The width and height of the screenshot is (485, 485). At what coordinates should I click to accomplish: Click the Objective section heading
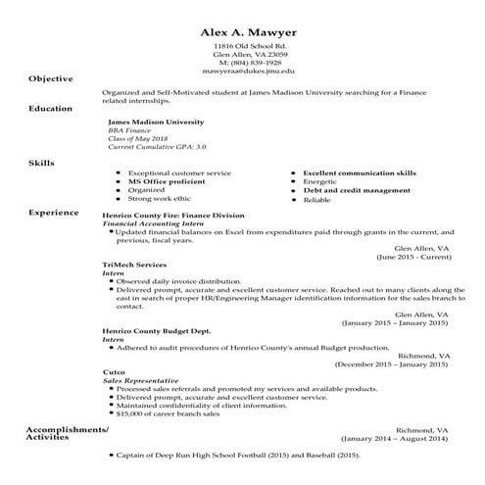click(x=51, y=78)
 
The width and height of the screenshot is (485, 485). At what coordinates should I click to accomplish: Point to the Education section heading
click(x=51, y=108)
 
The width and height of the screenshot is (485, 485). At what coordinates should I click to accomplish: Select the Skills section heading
click(x=41, y=163)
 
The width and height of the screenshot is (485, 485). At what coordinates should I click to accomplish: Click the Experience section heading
click(x=54, y=211)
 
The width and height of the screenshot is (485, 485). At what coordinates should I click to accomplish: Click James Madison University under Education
click(x=157, y=122)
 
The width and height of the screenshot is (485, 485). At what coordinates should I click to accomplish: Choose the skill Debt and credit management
click(x=357, y=189)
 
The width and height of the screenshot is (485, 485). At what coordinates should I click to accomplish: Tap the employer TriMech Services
click(x=134, y=265)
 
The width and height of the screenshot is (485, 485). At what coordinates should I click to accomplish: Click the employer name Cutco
click(x=114, y=372)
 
